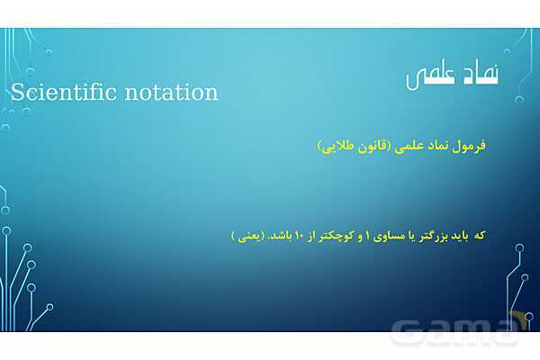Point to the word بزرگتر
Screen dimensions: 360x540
(445, 235)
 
